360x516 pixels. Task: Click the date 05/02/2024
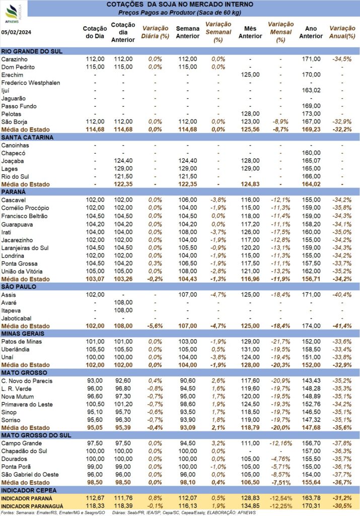17,32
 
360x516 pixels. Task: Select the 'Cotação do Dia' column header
95,32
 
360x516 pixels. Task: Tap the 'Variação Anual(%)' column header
342,32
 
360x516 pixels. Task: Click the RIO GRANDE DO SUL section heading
32,51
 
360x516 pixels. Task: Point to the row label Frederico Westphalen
31,83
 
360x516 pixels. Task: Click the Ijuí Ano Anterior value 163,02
311,90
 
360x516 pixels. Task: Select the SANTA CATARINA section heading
27,137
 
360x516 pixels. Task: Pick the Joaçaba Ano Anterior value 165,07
311,161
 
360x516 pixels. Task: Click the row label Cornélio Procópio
25,208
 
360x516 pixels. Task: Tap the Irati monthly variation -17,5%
280,232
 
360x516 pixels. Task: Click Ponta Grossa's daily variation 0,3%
155,264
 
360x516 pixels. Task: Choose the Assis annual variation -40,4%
342,295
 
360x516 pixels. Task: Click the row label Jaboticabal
16,318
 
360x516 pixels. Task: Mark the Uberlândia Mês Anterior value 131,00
250,350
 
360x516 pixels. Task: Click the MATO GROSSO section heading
24,373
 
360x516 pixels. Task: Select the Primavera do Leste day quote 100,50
95,405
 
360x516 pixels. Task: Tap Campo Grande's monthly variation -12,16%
280,443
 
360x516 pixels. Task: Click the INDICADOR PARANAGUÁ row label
32,506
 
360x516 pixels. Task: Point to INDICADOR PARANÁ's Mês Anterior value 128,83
250,498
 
